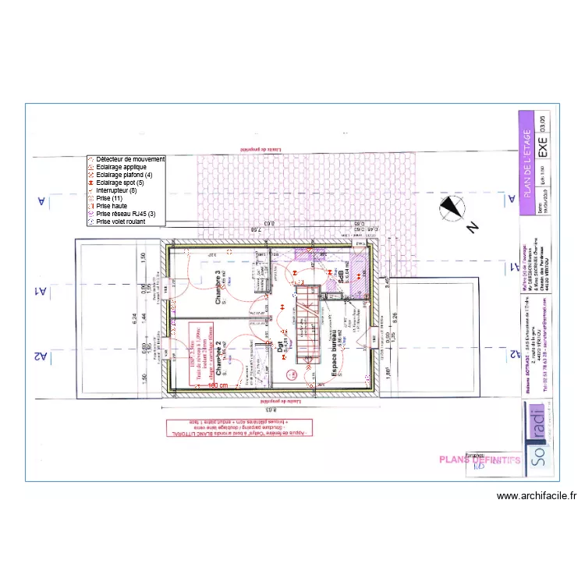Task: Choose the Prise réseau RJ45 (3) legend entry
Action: (x=126, y=214)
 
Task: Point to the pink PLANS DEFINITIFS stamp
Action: (x=480, y=460)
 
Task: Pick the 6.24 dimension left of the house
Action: (x=134, y=318)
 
